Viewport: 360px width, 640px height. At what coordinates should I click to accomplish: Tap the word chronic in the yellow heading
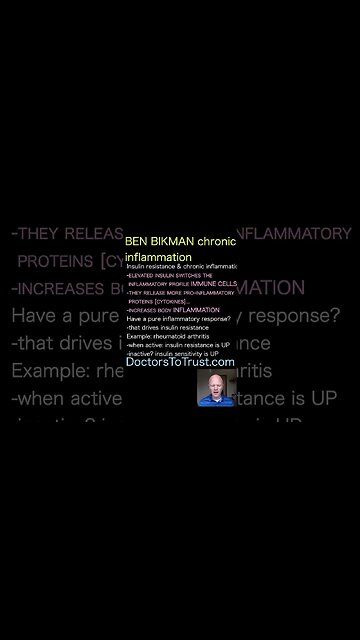tap(216, 242)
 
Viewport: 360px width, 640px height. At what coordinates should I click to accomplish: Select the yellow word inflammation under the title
tap(158, 257)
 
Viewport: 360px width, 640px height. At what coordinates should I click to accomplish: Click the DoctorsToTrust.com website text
tap(180, 362)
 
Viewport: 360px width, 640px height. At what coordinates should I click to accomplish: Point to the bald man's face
tap(216, 385)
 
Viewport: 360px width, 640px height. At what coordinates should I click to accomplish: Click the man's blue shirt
tap(216, 400)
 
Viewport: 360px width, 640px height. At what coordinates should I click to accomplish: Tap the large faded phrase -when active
tap(66, 399)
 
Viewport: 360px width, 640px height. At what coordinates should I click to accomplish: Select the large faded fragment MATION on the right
tap(264, 288)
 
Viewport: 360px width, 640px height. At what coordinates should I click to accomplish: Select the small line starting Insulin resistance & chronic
tap(181, 267)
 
